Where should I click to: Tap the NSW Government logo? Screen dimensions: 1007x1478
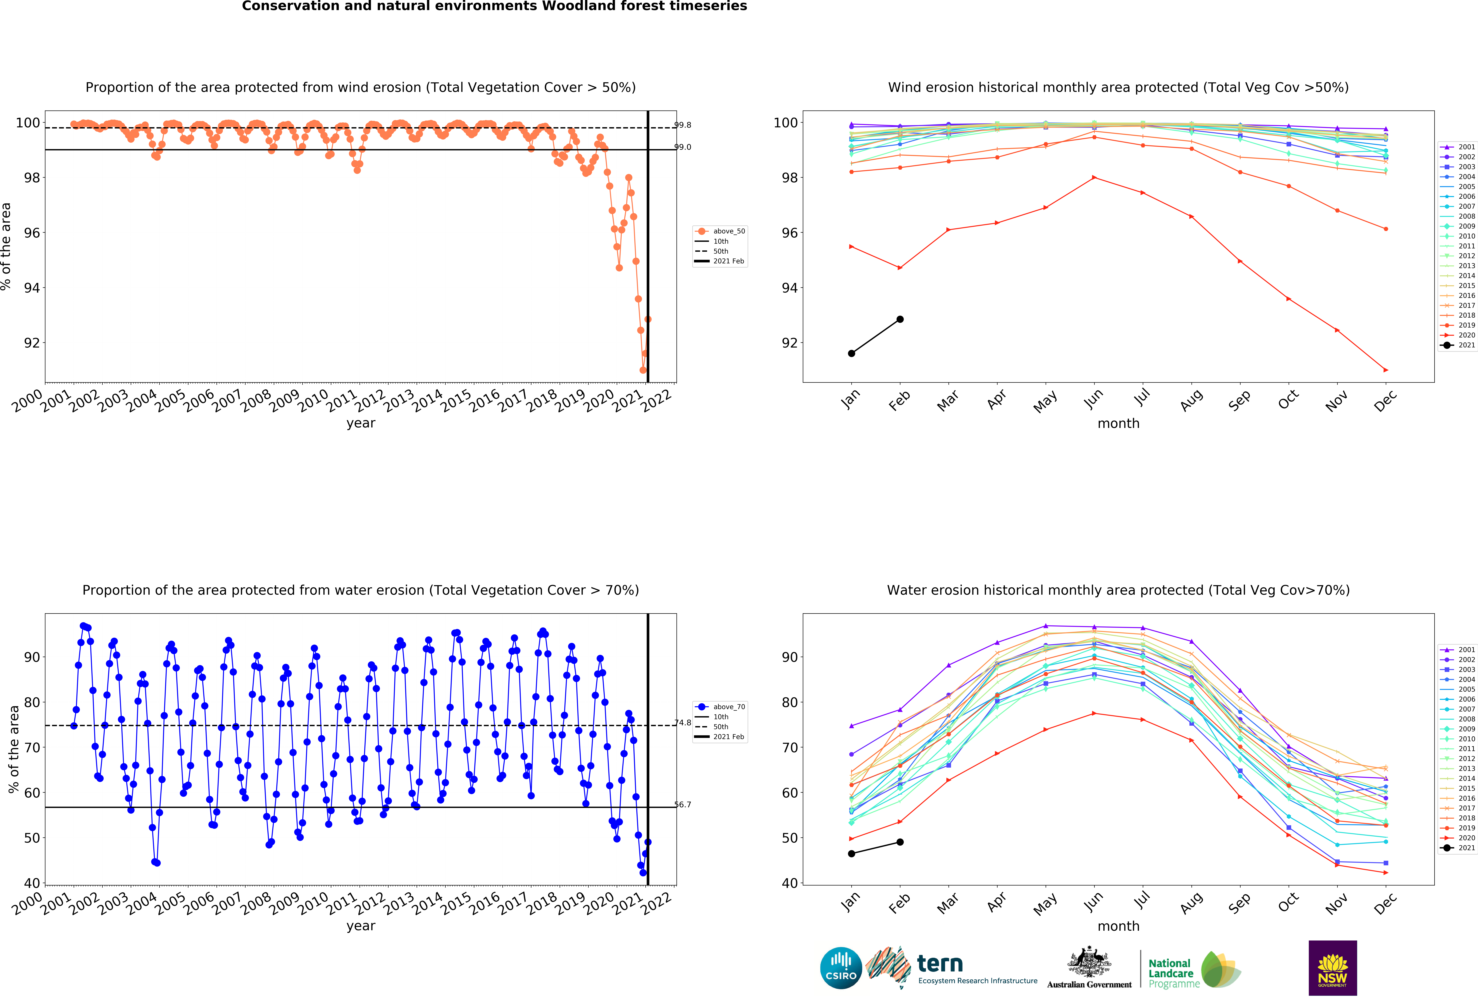1332,968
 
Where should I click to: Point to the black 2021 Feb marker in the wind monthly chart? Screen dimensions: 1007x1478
900,319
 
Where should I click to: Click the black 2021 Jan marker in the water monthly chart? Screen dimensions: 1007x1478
852,854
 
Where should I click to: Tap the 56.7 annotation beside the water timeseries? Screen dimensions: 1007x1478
682,804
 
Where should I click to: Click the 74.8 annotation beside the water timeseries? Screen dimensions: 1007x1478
682,723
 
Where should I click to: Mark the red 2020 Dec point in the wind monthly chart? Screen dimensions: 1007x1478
1386,370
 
